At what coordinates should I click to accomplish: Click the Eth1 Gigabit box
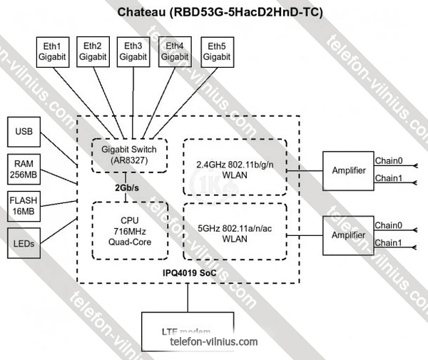(52, 51)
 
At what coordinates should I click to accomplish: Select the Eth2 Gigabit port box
(93, 51)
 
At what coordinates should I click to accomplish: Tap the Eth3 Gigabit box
(133, 51)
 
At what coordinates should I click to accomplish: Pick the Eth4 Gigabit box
(174, 51)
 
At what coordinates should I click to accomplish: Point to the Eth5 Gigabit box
(216, 51)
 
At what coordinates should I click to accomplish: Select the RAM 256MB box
(24, 169)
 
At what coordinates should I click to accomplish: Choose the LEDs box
(24, 243)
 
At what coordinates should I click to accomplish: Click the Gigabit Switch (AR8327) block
(130, 155)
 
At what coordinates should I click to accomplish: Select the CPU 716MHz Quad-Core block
(130, 232)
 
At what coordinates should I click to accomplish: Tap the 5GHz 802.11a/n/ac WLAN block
(235, 233)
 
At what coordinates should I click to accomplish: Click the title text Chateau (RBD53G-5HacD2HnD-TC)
(214, 13)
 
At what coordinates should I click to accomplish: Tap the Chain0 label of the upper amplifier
(389, 160)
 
